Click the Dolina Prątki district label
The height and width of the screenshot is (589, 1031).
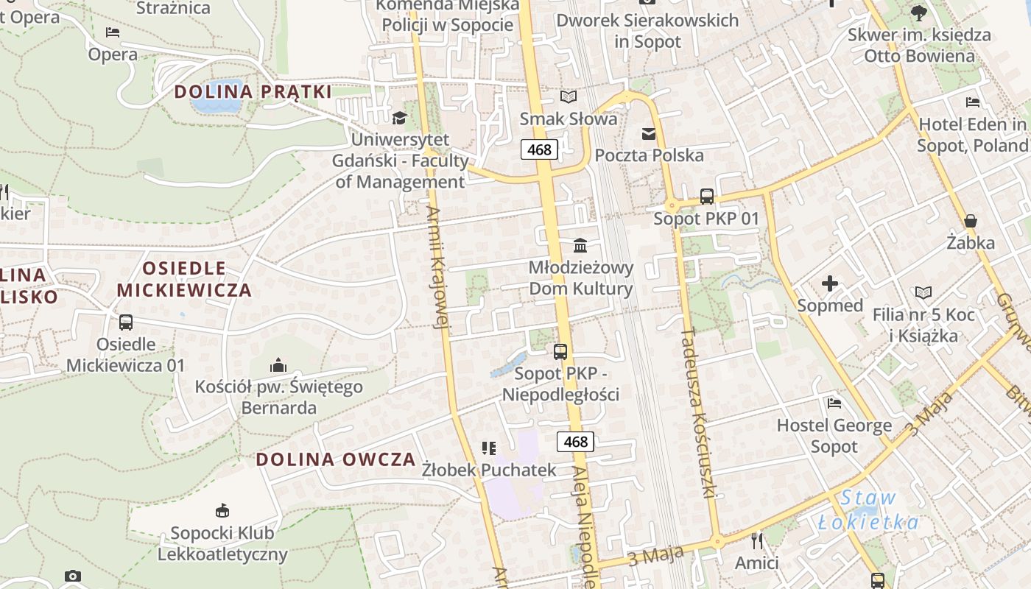pos(253,92)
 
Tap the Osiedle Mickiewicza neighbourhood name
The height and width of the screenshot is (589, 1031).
pos(184,278)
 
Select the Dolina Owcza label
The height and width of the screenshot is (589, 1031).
pos(336,459)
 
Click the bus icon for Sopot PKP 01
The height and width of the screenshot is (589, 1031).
pos(706,197)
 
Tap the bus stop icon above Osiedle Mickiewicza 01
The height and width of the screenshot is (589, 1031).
pos(126,322)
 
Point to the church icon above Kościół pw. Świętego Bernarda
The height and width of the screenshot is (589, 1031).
pos(278,364)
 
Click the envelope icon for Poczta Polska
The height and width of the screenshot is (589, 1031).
pos(649,133)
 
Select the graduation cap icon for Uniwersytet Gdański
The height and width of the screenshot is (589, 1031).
pos(399,118)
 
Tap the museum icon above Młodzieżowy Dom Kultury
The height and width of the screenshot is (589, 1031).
pos(580,244)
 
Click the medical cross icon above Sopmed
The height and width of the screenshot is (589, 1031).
pos(830,283)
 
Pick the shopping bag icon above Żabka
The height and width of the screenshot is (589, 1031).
pos(971,221)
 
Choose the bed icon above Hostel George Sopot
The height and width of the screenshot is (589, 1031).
pos(834,403)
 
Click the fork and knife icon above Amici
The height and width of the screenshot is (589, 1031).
pos(757,541)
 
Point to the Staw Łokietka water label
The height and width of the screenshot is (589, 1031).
pos(869,510)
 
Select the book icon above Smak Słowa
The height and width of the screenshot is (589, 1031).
pos(569,96)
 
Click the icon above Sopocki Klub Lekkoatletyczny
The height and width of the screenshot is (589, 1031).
pos(222,510)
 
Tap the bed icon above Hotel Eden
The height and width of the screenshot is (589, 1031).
pos(973,102)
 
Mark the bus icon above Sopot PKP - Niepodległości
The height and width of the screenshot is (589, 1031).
pos(560,352)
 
